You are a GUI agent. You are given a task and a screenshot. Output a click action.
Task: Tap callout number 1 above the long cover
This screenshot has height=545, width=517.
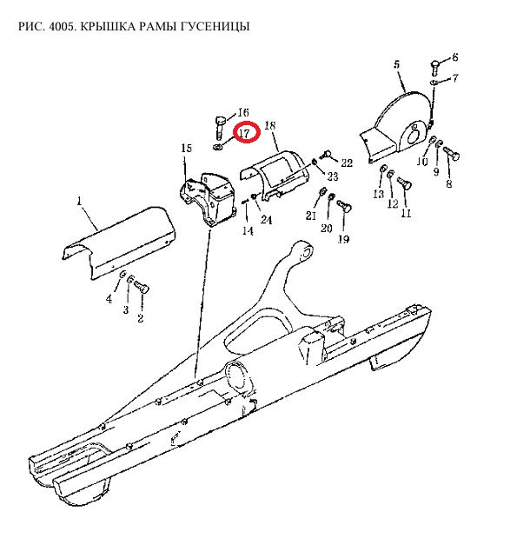[x=80, y=201]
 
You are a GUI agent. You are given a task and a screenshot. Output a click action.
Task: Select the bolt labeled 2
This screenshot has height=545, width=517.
[x=142, y=287]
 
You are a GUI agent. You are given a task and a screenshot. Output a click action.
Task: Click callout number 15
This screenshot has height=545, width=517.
[x=186, y=148]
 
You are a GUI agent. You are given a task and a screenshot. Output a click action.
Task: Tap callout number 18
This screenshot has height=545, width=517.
[x=270, y=125]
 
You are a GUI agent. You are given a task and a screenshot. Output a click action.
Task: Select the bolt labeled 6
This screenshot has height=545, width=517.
[x=435, y=68]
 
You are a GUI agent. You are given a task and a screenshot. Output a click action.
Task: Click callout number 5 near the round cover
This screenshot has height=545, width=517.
[x=397, y=64]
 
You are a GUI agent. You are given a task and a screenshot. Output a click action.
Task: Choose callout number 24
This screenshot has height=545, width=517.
[x=266, y=220]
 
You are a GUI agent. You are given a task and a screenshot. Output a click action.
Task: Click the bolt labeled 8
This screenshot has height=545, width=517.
[x=451, y=153]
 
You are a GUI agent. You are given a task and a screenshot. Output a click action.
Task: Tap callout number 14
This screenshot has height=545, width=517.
[x=248, y=230]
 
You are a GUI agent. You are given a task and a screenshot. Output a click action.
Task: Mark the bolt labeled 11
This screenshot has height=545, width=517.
[x=404, y=183]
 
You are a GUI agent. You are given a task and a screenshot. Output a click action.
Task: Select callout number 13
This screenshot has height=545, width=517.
[x=378, y=194]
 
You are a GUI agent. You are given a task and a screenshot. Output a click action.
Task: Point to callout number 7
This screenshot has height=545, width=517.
[x=455, y=78]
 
